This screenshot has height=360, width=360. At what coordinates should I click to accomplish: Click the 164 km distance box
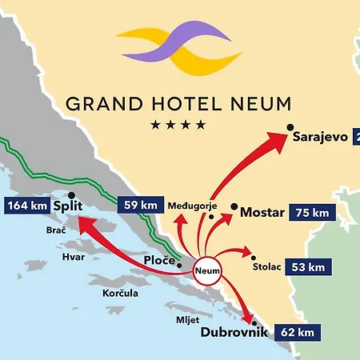point(28,206)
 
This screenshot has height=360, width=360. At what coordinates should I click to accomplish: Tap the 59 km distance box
point(141,205)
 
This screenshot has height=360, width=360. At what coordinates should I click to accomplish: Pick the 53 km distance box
point(306,266)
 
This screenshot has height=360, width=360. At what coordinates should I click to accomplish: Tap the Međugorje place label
point(193,206)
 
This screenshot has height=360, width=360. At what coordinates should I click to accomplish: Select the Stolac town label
point(267,266)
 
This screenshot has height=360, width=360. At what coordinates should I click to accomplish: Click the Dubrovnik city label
point(233,331)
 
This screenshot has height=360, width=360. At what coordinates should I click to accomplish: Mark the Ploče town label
point(161,261)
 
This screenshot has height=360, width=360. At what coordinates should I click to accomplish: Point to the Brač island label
point(54,229)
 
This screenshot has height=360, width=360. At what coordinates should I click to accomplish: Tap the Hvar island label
point(73,257)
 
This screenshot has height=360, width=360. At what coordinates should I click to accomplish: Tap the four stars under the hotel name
point(178,125)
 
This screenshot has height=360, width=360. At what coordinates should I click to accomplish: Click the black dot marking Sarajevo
point(291,127)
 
